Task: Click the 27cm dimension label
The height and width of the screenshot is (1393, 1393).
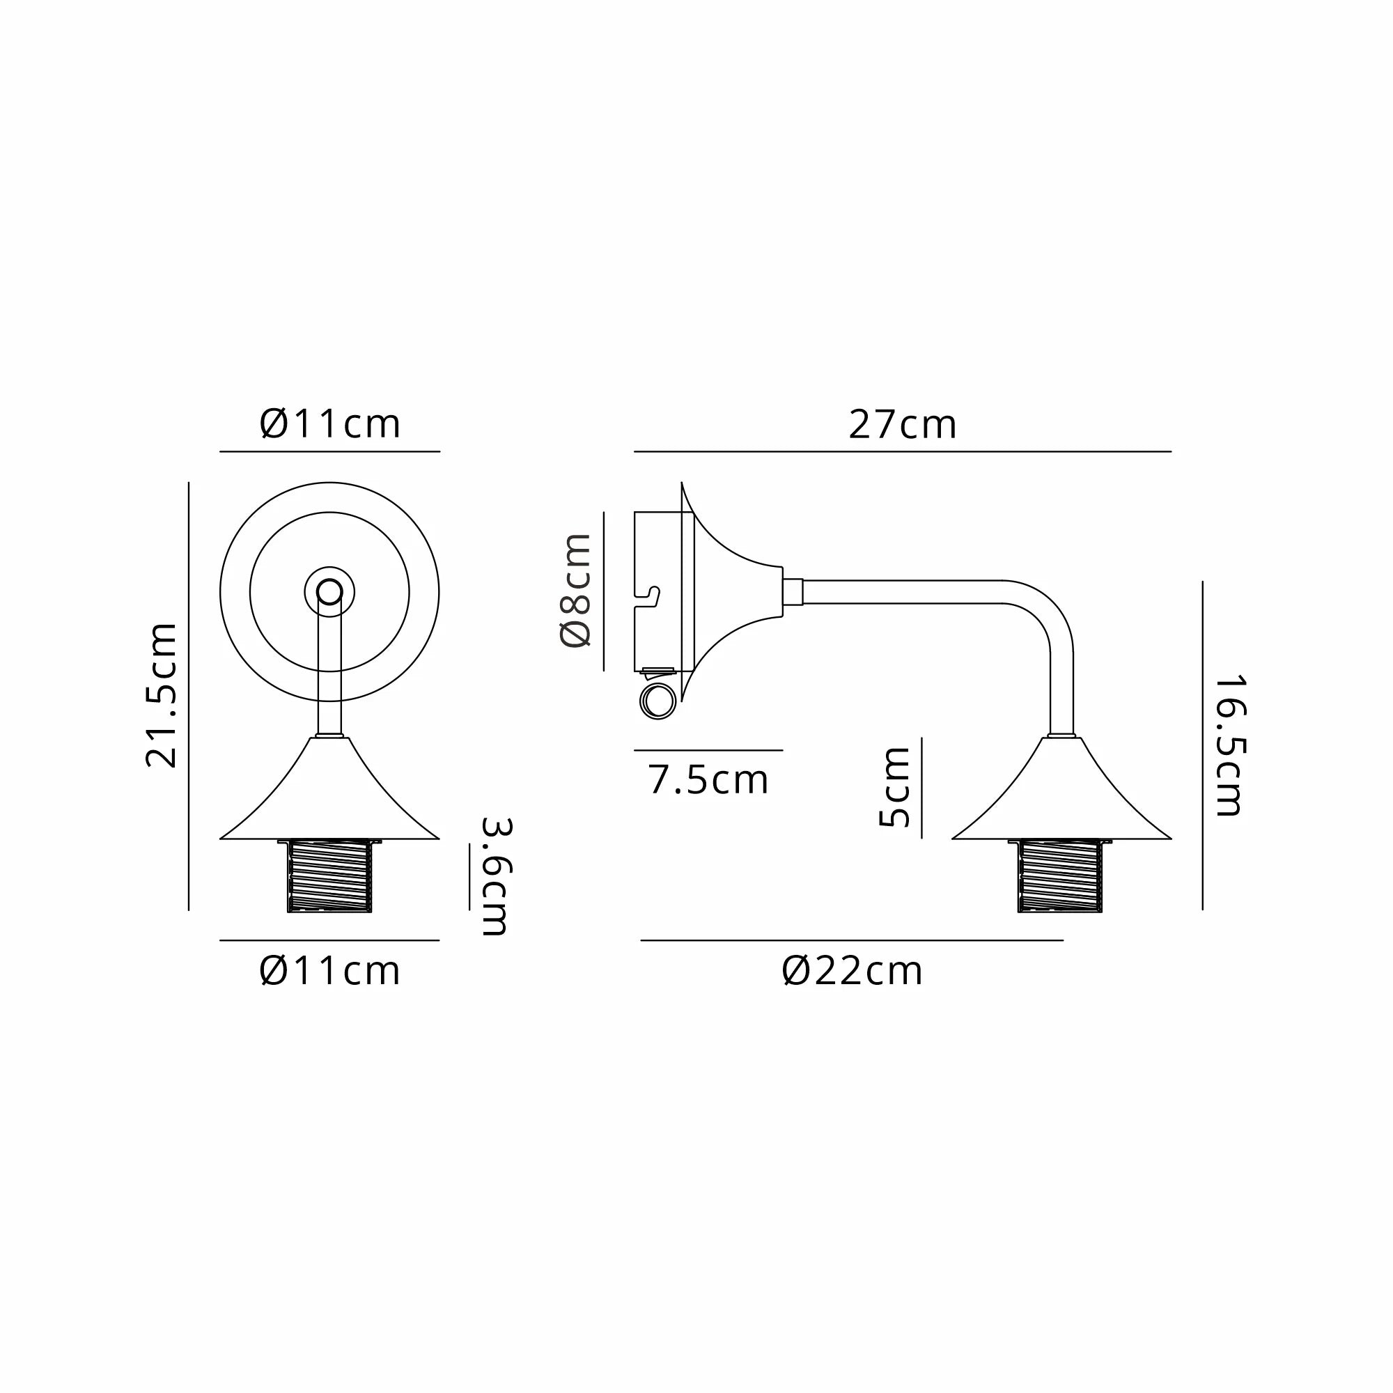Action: pos(902,425)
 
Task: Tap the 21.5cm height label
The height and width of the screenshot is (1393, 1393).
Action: pos(162,695)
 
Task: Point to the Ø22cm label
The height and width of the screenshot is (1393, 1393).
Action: pos(852,971)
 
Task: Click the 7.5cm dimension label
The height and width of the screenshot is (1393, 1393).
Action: pos(708,780)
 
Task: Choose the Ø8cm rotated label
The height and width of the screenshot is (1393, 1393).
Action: pos(576,590)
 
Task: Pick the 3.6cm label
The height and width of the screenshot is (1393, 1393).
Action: pos(496,876)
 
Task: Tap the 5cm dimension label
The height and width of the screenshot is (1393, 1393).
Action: pos(895,787)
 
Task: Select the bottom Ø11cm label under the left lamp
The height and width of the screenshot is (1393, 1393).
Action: pos(329,971)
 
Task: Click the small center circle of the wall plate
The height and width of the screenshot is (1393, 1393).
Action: pos(329,592)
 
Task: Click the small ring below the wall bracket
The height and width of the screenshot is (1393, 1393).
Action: pos(658,701)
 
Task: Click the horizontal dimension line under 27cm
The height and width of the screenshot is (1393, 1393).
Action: pos(902,451)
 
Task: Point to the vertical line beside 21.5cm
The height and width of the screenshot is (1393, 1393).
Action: pos(189,695)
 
